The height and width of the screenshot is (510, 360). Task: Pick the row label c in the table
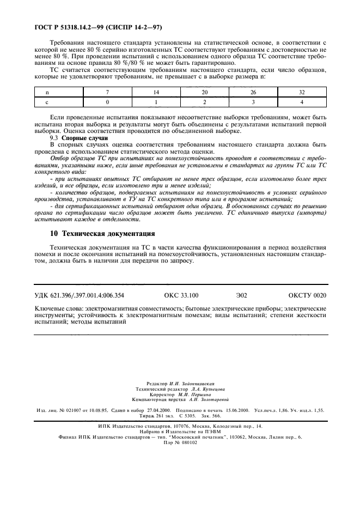pos(47,102)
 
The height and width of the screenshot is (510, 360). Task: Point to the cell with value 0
pos(108,102)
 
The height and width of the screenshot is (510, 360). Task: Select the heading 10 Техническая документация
pos(102,234)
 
